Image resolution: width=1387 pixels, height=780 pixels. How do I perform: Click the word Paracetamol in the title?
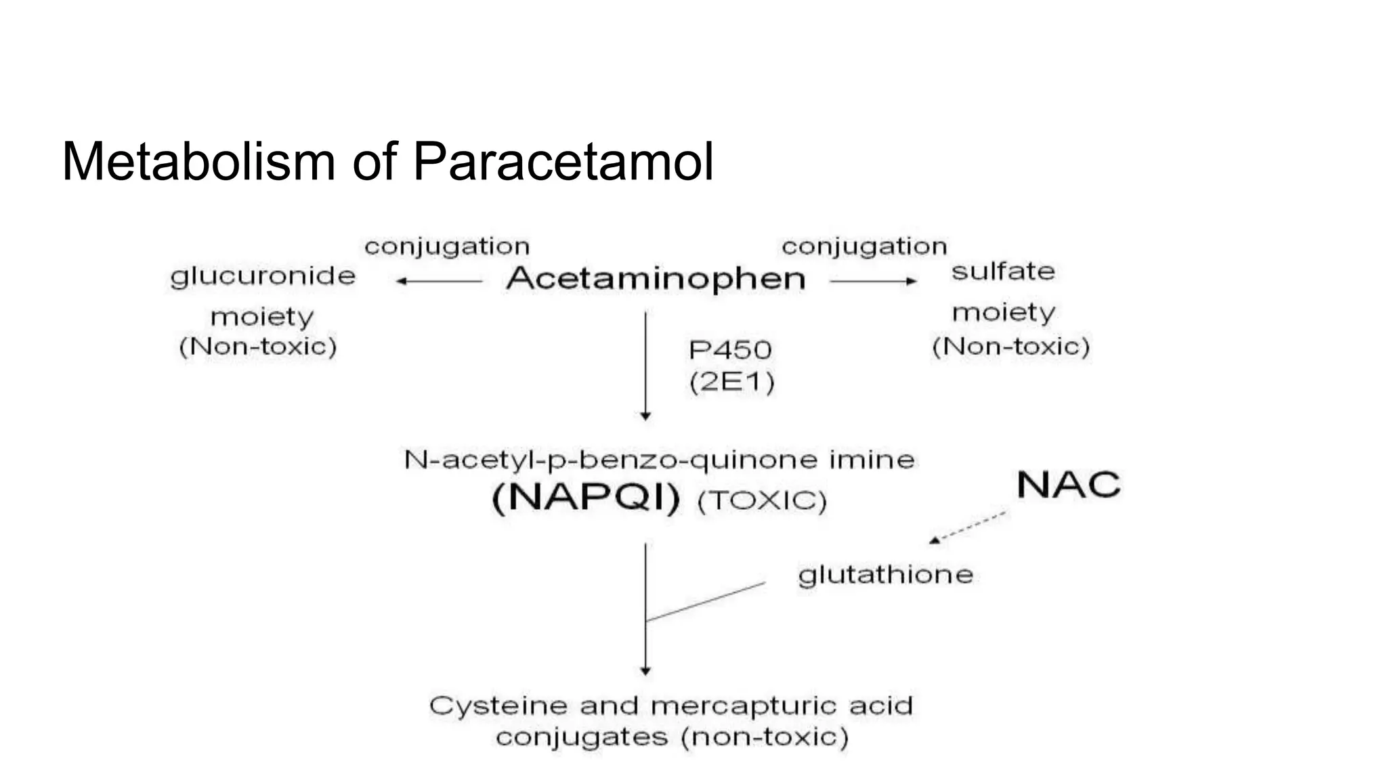click(563, 162)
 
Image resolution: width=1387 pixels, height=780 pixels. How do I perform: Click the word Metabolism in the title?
click(198, 162)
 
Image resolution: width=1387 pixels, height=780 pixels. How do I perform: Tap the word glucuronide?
click(263, 276)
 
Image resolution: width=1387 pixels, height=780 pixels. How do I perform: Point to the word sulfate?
click(1003, 272)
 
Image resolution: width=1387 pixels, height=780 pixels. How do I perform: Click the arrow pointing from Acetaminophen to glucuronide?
click(439, 281)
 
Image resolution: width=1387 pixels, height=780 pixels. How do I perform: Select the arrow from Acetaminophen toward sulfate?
click(874, 281)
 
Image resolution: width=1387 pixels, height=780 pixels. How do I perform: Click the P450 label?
click(730, 350)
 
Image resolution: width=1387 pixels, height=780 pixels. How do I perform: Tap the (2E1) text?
click(731, 383)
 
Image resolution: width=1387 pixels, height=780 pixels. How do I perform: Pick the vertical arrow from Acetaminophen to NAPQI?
click(645, 366)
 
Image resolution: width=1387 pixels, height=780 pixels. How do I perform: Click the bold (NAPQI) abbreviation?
click(586, 499)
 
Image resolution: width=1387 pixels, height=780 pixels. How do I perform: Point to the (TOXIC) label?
click(762, 501)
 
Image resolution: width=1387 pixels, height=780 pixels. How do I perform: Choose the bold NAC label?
click(1069, 485)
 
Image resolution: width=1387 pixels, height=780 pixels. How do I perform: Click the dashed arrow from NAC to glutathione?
click(967, 527)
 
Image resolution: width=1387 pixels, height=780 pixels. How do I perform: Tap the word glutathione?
click(885, 575)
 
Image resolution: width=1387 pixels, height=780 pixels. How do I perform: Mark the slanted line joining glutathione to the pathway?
click(706, 601)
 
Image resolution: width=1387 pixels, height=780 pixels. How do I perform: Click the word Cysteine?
click(498, 706)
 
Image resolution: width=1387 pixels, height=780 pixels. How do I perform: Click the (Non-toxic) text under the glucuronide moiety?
click(258, 347)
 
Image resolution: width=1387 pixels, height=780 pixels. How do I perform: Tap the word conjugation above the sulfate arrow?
click(864, 246)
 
